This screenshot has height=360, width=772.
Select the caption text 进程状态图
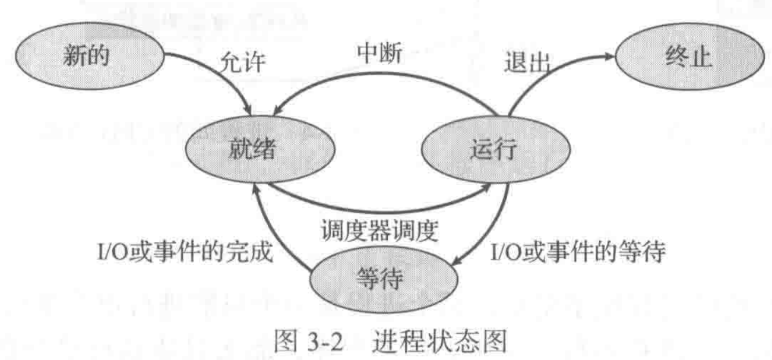[x=439, y=343]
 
